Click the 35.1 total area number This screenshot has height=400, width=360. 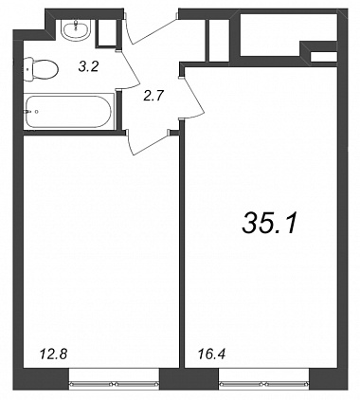click(x=270, y=223)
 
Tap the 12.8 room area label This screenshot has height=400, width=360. click(x=54, y=355)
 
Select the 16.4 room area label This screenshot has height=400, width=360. click(x=211, y=355)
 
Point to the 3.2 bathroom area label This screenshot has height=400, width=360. click(x=88, y=66)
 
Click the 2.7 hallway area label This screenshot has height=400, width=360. click(x=153, y=95)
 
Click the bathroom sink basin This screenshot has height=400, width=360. click(x=77, y=30)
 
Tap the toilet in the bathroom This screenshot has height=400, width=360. click(x=41, y=69)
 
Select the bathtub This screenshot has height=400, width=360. click(x=69, y=111)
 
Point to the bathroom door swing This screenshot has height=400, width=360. click(x=130, y=69)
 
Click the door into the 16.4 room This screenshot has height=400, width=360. click(x=192, y=98)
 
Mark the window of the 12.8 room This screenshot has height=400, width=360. click(x=114, y=384)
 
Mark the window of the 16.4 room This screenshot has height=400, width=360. click(x=264, y=384)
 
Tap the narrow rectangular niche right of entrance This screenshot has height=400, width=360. click(x=219, y=40)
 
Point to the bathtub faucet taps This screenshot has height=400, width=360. click(x=31, y=111)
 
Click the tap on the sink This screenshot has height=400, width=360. click(x=76, y=25)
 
